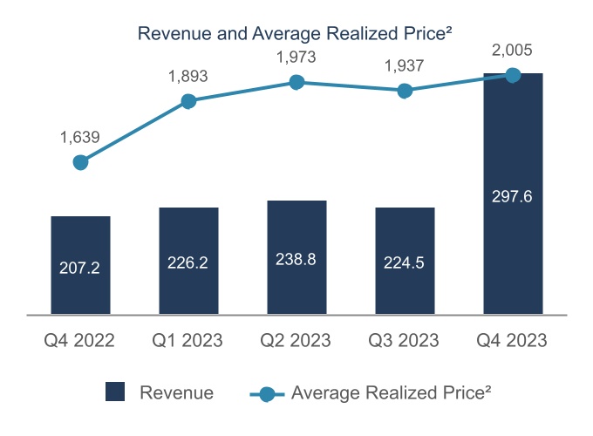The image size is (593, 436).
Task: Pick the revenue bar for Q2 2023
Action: (x=296, y=256)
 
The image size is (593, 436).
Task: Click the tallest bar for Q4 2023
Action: (x=513, y=193)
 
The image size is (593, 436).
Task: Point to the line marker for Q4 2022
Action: (x=80, y=162)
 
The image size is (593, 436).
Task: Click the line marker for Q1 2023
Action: (x=188, y=101)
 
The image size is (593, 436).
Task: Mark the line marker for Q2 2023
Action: (x=296, y=82)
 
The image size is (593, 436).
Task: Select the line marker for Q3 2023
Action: (x=405, y=91)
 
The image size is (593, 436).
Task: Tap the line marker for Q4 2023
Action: (x=513, y=75)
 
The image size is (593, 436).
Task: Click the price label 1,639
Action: (x=80, y=137)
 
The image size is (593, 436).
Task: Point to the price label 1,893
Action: (x=188, y=76)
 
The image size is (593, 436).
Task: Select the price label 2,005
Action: (x=513, y=50)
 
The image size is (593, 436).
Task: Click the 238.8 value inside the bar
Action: (x=296, y=259)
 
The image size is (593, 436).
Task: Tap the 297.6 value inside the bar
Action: (x=513, y=196)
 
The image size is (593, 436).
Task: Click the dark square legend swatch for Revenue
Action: (x=115, y=392)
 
